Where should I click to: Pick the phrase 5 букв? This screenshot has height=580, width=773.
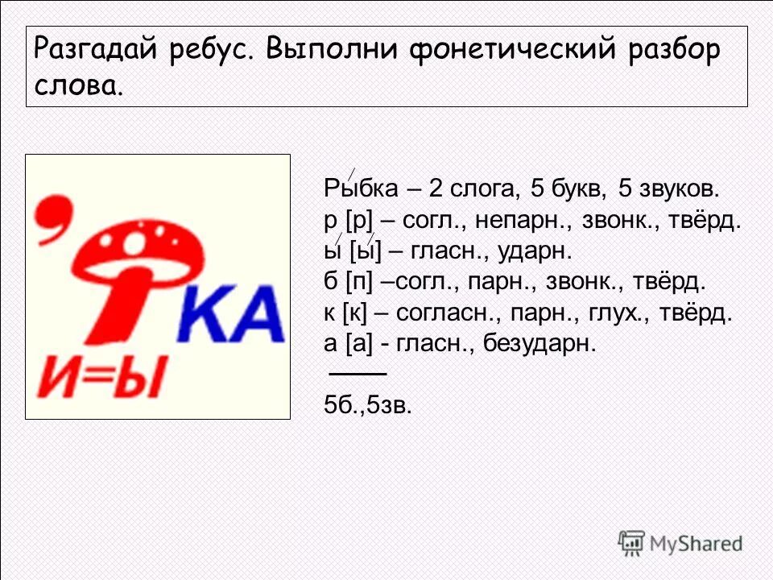coord(563,190)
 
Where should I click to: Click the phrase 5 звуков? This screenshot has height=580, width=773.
coord(667,190)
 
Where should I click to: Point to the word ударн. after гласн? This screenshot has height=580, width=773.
coord(535,251)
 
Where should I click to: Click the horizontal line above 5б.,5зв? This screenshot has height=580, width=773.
coord(358,375)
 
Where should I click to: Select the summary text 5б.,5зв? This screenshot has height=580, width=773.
coord(367,405)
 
